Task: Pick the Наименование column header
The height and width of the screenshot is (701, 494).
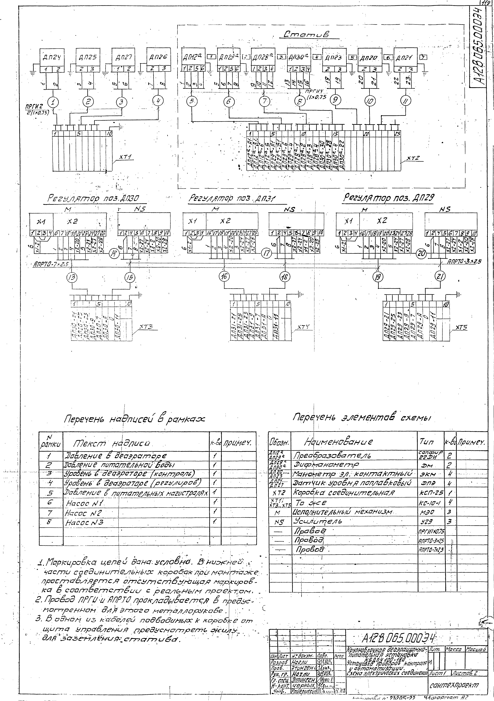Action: [338, 442]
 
